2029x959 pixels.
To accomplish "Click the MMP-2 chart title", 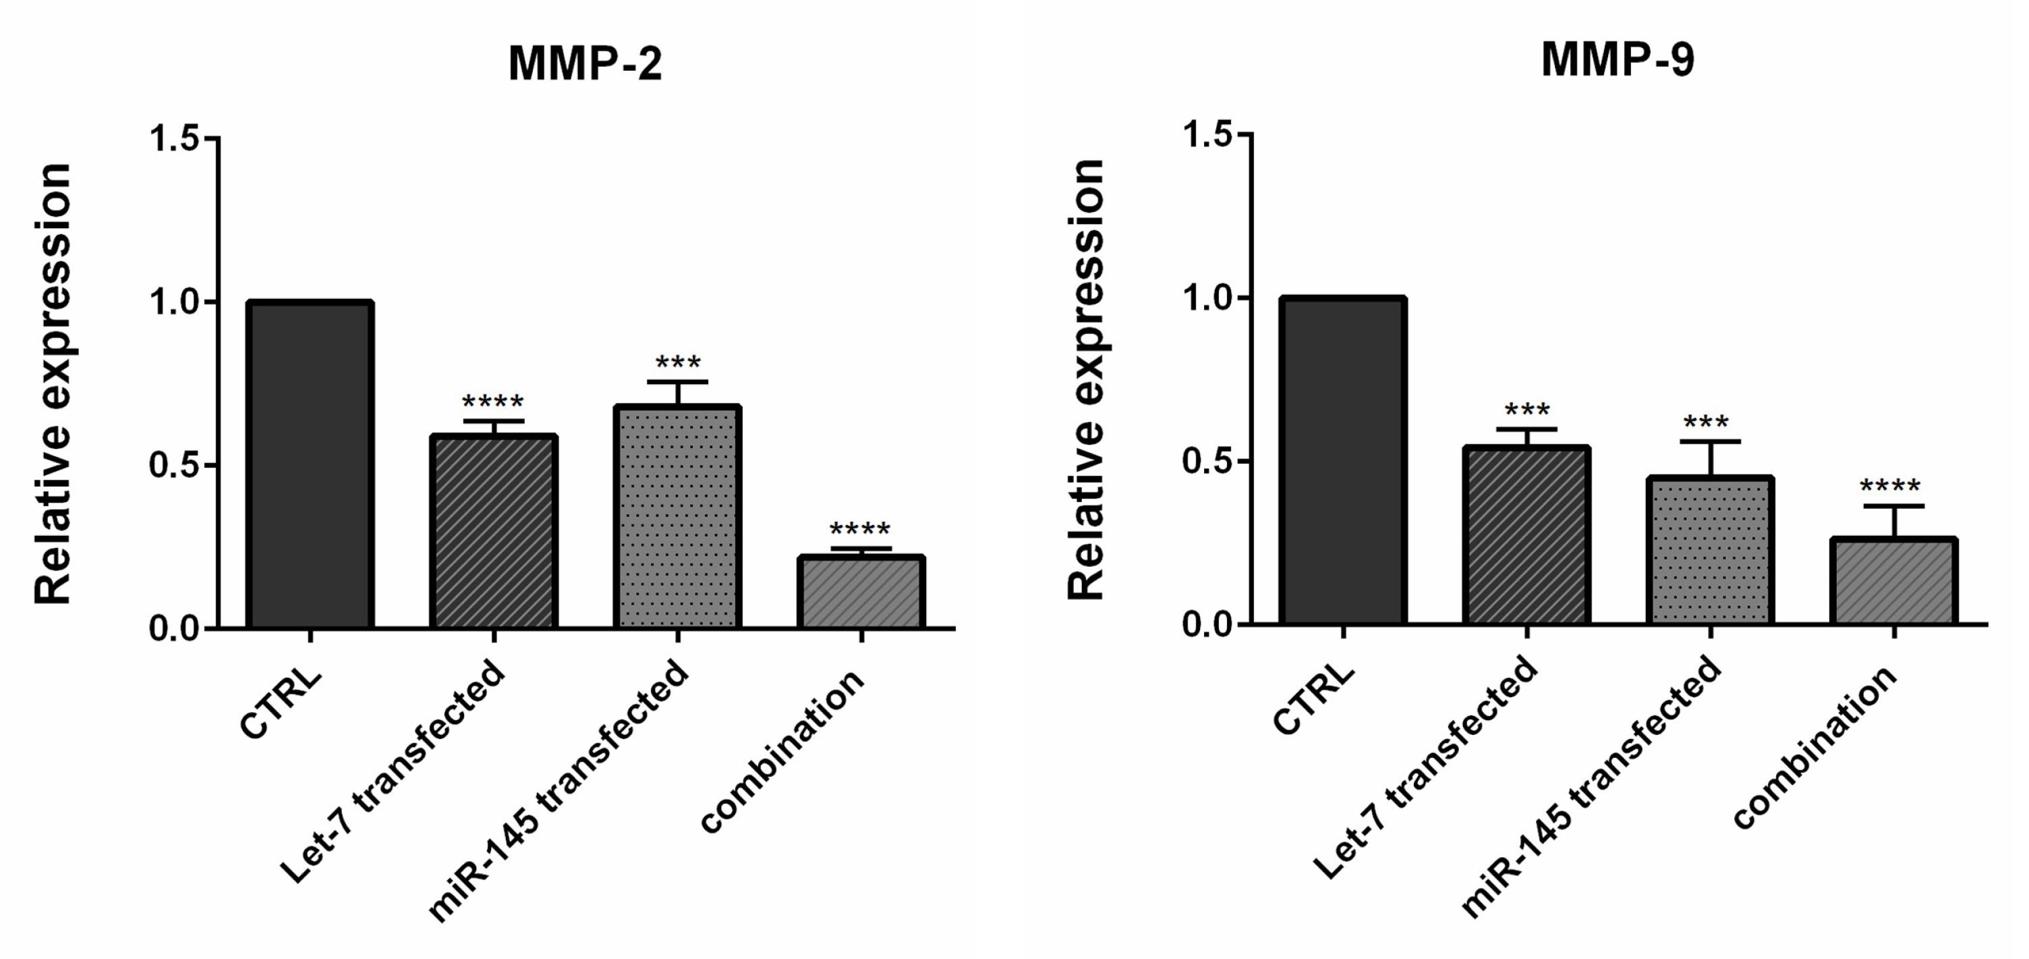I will coord(585,63).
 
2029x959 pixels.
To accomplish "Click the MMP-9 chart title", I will coord(1618,59).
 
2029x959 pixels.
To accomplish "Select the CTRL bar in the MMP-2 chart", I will coord(310,465).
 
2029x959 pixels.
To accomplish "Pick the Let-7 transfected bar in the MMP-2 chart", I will coord(494,531).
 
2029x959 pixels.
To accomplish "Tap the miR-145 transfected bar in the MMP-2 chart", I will coord(677,517).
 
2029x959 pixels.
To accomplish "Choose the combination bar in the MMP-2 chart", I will coord(861,593).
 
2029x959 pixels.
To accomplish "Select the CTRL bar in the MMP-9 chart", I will coord(1343,461).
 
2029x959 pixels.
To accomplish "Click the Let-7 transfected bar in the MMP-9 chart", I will coord(1526,536).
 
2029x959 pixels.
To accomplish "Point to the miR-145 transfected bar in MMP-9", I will coord(1710,551).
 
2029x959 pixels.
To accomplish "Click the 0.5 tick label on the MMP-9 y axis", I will coord(1207,461).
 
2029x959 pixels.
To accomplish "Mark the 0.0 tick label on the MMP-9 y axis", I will coord(1207,624).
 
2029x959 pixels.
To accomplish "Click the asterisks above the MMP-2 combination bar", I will coord(860,528).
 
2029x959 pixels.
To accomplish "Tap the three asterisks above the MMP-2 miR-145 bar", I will coord(677,362).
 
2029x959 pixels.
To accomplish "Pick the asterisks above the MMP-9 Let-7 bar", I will coord(1526,410).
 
